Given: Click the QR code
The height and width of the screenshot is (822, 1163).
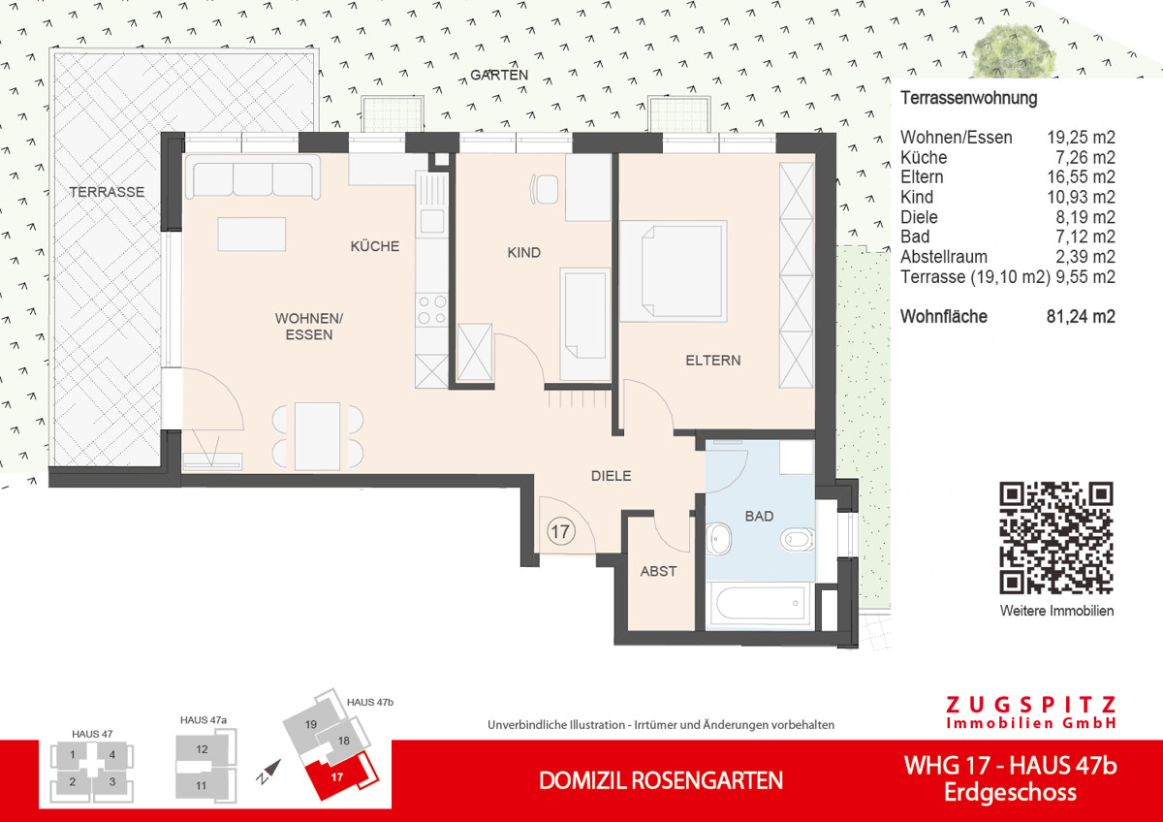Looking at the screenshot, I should click(x=1055, y=537).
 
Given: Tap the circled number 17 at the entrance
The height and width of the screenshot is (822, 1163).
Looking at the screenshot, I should click(x=559, y=530).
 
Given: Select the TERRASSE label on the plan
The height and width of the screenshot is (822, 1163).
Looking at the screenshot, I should click(x=107, y=192).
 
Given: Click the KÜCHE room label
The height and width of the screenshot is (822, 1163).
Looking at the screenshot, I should click(x=375, y=246).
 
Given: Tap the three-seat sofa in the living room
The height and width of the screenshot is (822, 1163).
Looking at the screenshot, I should click(x=253, y=179).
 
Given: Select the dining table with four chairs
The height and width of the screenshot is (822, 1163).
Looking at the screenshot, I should click(x=318, y=434).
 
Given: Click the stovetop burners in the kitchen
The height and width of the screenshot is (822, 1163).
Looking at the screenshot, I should click(x=430, y=309).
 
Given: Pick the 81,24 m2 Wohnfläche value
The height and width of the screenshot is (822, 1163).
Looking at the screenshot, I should click(x=1080, y=316).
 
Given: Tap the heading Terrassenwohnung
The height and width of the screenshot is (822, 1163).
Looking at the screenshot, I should click(x=969, y=98).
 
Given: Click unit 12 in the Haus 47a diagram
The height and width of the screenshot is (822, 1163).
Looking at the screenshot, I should click(x=202, y=749).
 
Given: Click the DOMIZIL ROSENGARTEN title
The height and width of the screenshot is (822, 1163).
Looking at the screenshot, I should click(x=660, y=780).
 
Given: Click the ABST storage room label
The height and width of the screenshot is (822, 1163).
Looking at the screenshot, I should click(x=658, y=571).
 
